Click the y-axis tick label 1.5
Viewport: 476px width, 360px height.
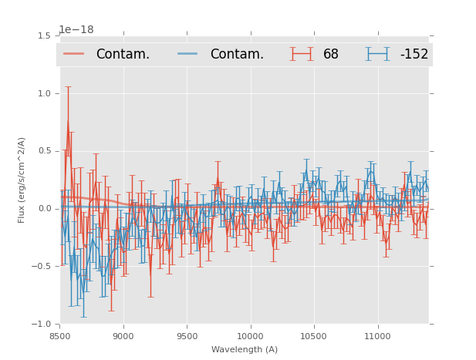point(44,35)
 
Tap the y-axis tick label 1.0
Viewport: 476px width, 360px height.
point(44,93)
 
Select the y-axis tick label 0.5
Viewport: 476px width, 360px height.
point(44,151)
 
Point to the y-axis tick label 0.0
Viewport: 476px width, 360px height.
point(44,209)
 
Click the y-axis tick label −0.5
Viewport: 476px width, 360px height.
point(42,267)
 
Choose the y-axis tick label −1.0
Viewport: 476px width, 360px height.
point(42,325)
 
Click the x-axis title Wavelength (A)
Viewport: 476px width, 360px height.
point(245,350)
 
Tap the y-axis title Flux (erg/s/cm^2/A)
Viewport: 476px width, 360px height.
point(22,180)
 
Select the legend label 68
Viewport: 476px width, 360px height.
point(330,54)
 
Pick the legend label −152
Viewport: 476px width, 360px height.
point(414,54)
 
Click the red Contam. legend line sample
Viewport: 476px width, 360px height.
point(74,54)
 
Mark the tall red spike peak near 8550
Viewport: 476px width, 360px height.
point(68,86)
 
